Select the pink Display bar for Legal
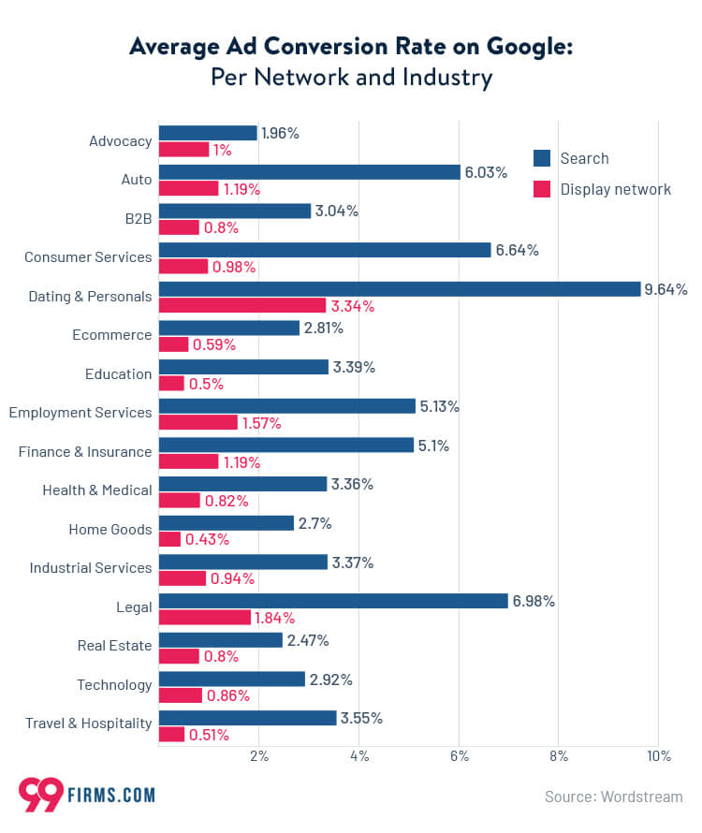click(x=205, y=618)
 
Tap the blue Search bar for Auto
click(x=310, y=172)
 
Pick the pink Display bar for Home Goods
click(x=169, y=539)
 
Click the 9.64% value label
click(x=666, y=289)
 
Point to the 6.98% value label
click(x=534, y=601)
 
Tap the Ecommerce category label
click(x=111, y=335)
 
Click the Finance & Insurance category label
click(x=85, y=452)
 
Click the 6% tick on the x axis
click(x=459, y=756)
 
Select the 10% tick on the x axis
click(x=659, y=756)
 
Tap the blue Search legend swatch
click(x=542, y=158)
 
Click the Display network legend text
click(x=615, y=189)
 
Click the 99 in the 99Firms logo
click(x=40, y=795)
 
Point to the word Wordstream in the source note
click(x=644, y=796)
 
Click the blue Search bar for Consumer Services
click(x=325, y=250)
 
